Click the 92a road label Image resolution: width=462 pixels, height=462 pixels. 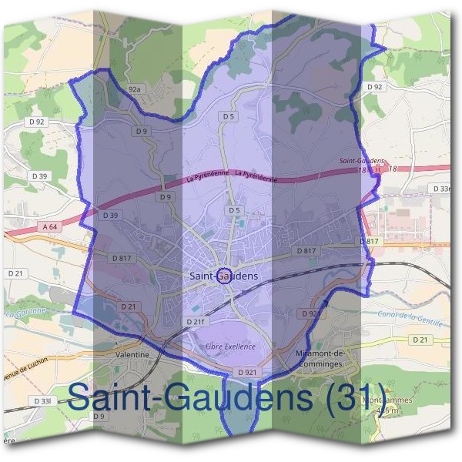(135, 89)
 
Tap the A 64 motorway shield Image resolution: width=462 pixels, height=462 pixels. (50, 226)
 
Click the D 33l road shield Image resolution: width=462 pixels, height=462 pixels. (42, 401)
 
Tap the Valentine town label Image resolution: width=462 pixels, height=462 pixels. (129, 354)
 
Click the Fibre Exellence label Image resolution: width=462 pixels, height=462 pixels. (229, 346)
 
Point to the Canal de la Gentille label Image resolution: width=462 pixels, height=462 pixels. (410, 316)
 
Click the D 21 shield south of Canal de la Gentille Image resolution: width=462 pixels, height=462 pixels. (420, 340)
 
